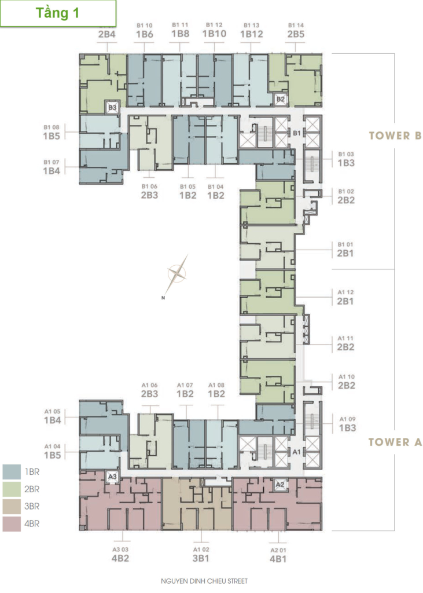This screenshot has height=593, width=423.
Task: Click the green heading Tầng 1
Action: pos(57,13)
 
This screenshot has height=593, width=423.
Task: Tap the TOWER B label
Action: pos(395,136)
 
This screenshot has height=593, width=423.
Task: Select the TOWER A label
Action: pos(395,442)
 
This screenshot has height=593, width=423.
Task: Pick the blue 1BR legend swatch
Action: pos(12,472)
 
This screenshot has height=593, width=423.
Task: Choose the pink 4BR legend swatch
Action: pos(12,524)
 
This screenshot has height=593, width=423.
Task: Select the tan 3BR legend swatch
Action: pos(12,507)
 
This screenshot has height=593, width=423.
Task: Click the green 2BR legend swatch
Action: pos(12,489)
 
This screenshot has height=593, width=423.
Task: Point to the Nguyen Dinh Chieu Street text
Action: pos(204,581)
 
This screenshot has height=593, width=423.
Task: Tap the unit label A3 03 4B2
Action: pos(120,554)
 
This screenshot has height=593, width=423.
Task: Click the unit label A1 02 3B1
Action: pos(201,554)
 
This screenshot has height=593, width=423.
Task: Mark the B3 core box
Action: pos(112,108)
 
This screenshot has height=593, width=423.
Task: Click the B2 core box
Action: pos(281,100)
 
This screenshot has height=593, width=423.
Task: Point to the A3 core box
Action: pos(112,477)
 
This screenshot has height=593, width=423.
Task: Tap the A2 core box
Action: pos(279,485)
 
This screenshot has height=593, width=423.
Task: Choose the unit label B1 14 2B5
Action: pos(296,30)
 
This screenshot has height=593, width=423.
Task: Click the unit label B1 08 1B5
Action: pos(52,133)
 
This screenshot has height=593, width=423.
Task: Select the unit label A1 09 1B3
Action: pos(347,424)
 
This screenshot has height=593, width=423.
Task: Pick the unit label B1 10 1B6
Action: pos(145,30)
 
